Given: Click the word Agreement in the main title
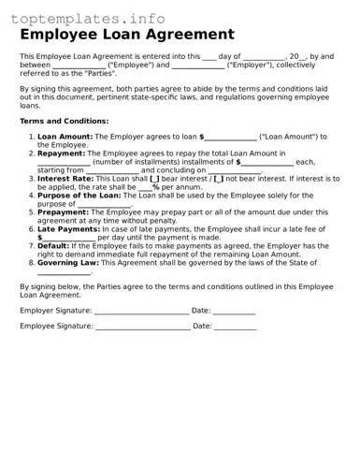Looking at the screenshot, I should (x=188, y=36).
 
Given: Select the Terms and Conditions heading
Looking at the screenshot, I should (x=64, y=122).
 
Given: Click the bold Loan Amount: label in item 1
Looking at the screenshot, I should (x=65, y=137).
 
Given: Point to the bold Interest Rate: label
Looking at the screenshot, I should (x=66, y=178).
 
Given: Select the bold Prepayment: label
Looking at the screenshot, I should (x=64, y=212).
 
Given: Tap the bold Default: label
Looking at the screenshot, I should (x=53, y=245).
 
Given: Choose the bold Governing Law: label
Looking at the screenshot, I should (x=70, y=263).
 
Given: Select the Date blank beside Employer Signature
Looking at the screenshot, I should (x=235, y=310).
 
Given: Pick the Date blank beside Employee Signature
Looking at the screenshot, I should (x=236, y=327).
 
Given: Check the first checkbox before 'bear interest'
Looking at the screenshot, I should (x=155, y=178).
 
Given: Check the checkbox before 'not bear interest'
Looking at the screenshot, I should (x=219, y=178).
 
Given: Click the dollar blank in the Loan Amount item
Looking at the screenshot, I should (x=229, y=137).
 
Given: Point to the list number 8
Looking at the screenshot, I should (x=31, y=263).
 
